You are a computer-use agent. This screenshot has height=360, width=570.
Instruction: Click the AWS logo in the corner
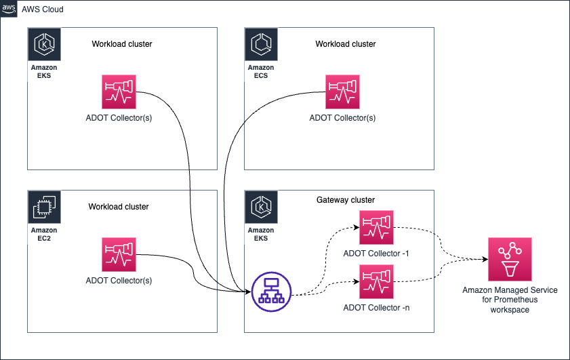click(8, 9)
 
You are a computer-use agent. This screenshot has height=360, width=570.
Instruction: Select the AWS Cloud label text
click(43, 9)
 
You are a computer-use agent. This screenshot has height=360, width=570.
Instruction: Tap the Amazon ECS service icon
click(262, 44)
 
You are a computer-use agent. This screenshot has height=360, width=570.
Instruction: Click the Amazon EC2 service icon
click(44, 207)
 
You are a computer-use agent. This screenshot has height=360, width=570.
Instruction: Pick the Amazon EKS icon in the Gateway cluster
click(262, 207)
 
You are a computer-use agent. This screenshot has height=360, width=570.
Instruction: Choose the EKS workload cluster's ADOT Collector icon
click(119, 92)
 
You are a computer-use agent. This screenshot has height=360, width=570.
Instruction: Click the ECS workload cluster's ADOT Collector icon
click(342, 92)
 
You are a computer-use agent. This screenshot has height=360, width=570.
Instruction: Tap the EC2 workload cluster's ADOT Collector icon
click(119, 254)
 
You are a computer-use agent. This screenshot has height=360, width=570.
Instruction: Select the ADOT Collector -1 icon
click(376, 227)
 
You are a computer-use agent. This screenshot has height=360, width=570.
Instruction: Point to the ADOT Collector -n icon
click(376, 282)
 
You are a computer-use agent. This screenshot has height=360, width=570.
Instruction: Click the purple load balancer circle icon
click(272, 292)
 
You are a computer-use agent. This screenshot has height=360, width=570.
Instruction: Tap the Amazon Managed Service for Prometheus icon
click(510, 259)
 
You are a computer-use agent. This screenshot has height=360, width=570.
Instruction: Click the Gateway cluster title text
click(346, 200)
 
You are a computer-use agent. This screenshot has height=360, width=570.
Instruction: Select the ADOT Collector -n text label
click(376, 308)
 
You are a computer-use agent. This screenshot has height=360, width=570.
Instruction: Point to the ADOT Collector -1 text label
click(376, 254)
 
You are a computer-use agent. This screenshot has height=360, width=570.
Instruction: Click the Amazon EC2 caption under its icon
click(44, 234)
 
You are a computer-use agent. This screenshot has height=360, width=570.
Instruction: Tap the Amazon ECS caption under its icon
click(261, 72)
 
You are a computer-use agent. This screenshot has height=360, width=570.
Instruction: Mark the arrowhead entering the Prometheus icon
click(485, 259)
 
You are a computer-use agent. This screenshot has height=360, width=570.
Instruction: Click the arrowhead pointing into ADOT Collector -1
click(357, 227)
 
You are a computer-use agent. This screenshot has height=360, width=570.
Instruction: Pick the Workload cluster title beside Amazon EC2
click(119, 207)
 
